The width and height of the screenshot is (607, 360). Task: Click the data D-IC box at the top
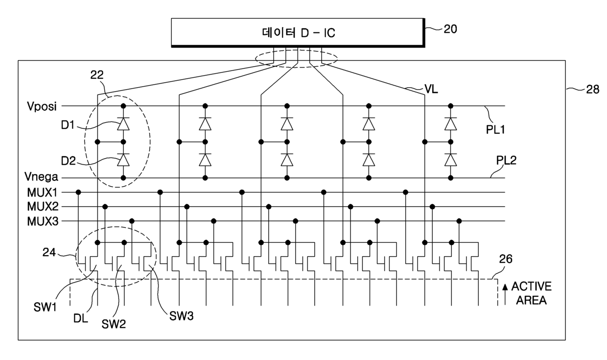coord(298,33)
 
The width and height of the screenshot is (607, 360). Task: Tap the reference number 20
coord(450,29)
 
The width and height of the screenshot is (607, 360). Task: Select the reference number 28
coord(593,90)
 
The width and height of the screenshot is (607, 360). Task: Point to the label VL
coord(431,89)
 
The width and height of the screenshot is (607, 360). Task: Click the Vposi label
coord(42,106)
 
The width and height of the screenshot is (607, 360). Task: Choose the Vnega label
coord(41,177)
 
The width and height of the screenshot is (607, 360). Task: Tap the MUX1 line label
coord(42,192)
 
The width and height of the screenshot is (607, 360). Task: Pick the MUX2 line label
coord(43,207)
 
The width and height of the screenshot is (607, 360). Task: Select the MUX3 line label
coord(43,221)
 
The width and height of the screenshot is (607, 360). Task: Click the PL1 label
coord(495,130)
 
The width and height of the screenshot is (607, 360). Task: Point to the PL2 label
coord(506,161)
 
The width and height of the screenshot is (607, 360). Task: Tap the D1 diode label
coord(68,125)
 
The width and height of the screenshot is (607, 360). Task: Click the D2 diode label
coord(69,161)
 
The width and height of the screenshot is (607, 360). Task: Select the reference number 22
coord(97,75)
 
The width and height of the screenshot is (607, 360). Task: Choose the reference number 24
coord(49,252)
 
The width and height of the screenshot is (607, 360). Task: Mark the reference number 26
coord(506,259)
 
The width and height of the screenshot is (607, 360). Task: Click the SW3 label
coord(181,316)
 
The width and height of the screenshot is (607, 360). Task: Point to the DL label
coord(81,318)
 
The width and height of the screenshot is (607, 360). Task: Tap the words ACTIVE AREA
coord(532,293)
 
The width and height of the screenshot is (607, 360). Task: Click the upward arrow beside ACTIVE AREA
coord(505,295)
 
